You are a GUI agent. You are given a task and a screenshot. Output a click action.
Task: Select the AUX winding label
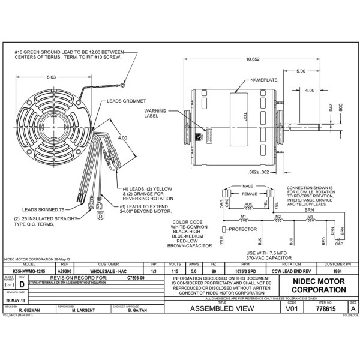tap(248, 204)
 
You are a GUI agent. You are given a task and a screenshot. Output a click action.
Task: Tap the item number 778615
tap(325, 309)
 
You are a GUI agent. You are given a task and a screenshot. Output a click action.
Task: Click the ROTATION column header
tap(291, 265)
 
